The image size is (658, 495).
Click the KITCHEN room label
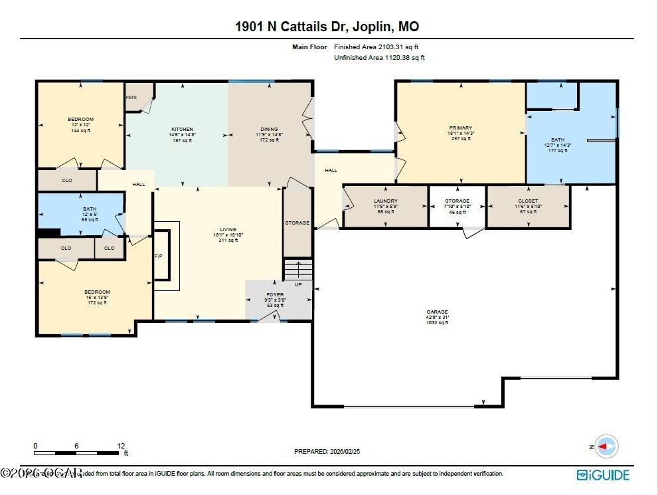tap(181, 129)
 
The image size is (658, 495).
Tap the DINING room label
tap(269, 129)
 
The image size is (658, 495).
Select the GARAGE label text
tap(437, 312)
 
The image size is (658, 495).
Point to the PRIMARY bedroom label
tap(460, 128)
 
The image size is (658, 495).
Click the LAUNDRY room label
tap(386, 201)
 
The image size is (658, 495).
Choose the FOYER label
tap(275, 294)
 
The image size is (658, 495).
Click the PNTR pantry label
tap(131, 98)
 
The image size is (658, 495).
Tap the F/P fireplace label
tap(159, 256)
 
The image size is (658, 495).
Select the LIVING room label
tap(228, 229)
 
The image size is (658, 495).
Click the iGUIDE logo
tap(603, 474)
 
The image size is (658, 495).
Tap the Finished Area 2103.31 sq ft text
tap(376, 47)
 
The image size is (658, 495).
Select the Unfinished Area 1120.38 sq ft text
tap(378, 58)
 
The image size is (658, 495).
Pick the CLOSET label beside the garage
tap(528, 201)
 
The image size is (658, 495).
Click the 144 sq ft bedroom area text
tap(80, 130)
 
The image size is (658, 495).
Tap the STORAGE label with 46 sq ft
tap(457, 201)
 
